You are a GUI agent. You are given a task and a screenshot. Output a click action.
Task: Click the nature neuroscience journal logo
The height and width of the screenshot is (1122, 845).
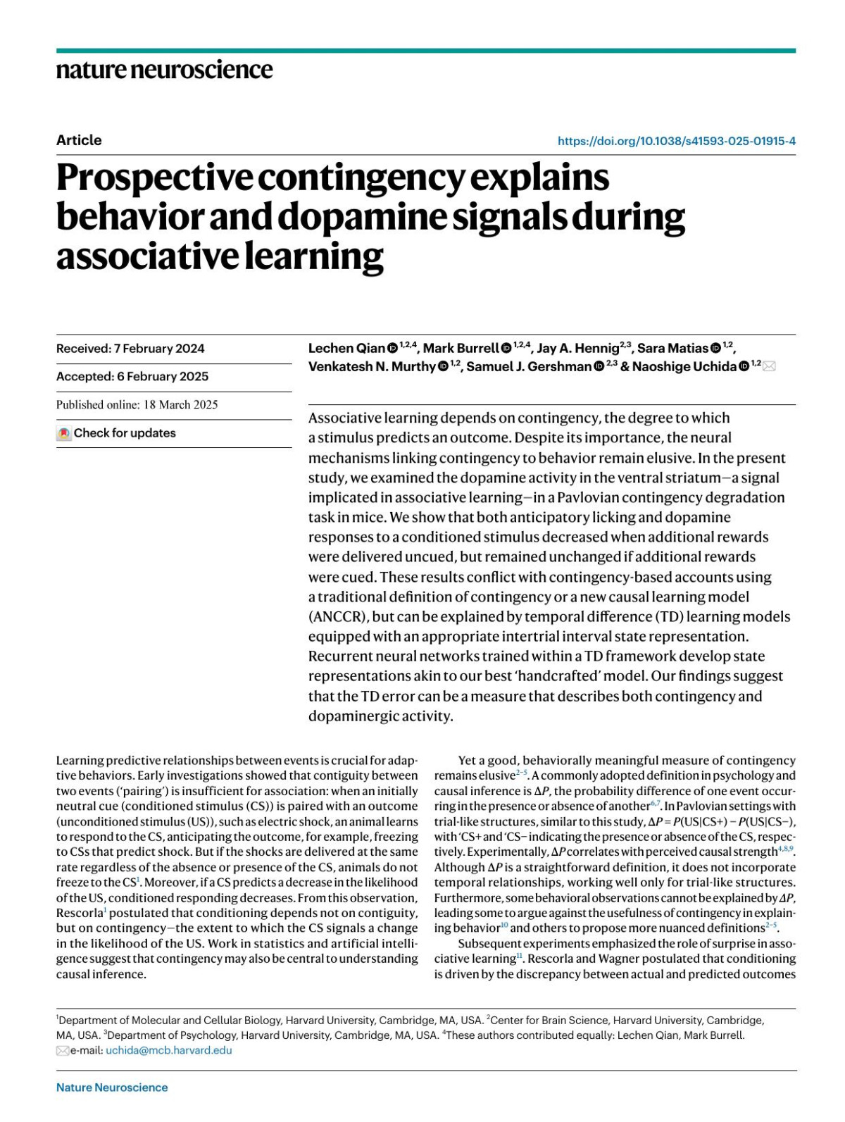(164, 70)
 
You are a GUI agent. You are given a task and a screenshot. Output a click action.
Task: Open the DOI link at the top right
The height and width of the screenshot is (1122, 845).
(676, 141)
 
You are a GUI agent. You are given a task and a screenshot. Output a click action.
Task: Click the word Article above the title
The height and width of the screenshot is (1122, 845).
(79, 140)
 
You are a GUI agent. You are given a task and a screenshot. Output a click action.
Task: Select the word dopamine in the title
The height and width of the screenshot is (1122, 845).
(361, 217)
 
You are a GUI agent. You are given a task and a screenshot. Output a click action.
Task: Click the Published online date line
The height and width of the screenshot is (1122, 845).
(137, 405)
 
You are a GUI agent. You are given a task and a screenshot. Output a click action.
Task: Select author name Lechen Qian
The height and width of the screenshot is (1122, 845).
(346, 349)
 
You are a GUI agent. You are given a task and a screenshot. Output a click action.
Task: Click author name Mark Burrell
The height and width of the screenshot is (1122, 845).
(461, 349)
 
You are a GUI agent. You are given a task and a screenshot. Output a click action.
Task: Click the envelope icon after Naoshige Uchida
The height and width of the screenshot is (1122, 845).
(769, 367)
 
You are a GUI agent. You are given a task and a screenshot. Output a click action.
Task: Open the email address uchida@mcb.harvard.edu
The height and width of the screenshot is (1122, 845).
(168, 1051)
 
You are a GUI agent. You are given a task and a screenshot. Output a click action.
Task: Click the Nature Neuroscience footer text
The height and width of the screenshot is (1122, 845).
(112, 1087)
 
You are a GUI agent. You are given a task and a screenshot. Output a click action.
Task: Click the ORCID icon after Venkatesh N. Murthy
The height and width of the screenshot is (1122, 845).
(443, 367)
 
